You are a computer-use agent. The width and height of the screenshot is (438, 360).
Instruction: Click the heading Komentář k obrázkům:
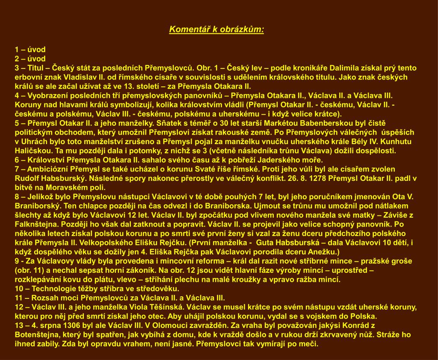click(x=216, y=30)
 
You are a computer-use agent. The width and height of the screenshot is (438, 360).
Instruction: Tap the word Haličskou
click(x=32, y=151)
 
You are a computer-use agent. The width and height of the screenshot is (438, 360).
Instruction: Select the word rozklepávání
click(x=36, y=280)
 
